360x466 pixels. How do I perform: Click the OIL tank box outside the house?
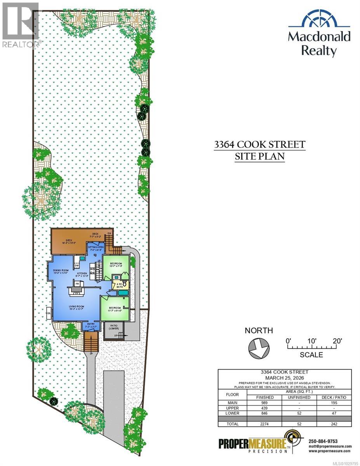(49, 311)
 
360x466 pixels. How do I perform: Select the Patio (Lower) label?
(114, 328)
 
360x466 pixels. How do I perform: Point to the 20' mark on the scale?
(337, 341)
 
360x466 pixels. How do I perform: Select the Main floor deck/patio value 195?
(332, 403)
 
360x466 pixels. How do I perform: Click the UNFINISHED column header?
(299, 398)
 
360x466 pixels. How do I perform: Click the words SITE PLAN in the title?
(259, 156)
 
